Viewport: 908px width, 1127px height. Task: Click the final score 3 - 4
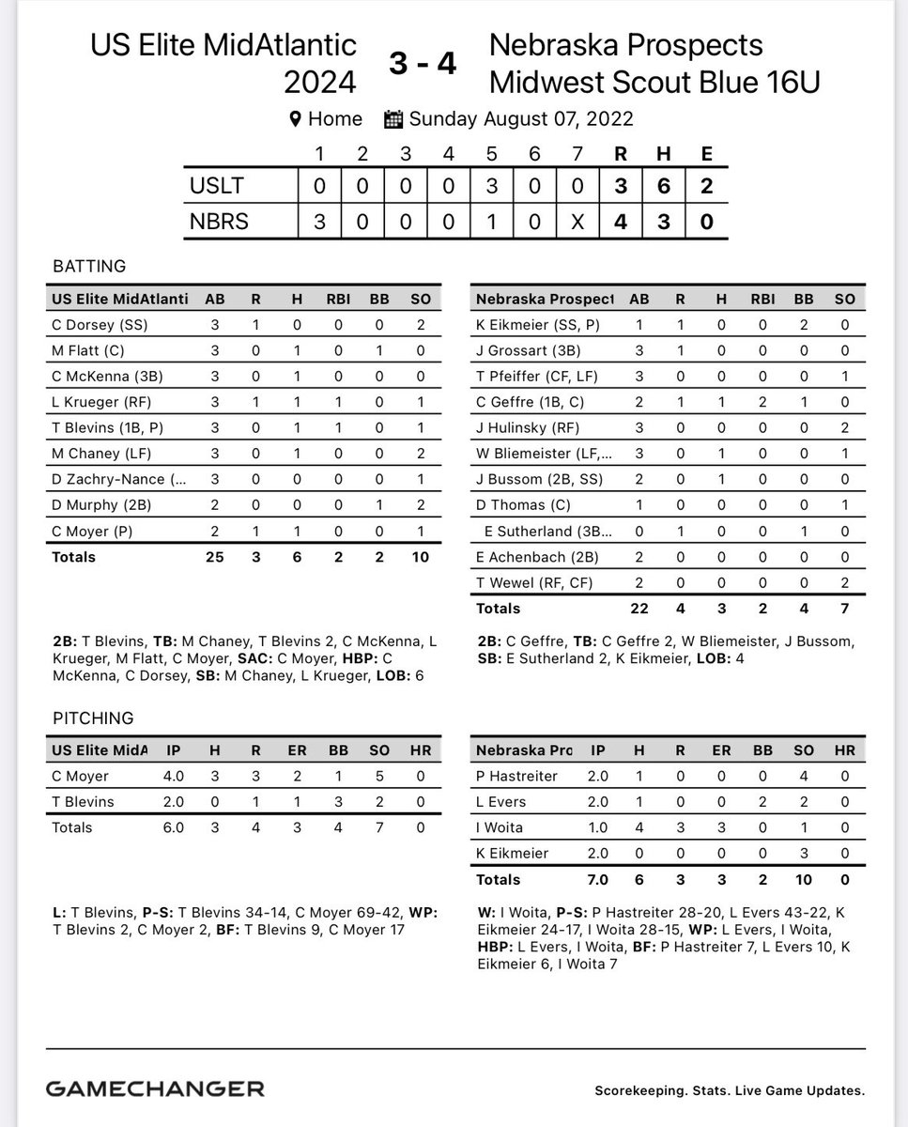pyautogui.click(x=423, y=65)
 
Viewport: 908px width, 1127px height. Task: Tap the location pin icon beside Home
pyautogui.click(x=295, y=119)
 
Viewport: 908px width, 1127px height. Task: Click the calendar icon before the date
pyautogui.click(x=393, y=119)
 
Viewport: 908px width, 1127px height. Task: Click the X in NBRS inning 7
pyautogui.click(x=577, y=222)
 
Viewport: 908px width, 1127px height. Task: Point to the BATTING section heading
pyautogui.click(x=89, y=267)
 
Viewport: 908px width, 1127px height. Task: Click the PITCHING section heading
pyautogui.click(x=93, y=718)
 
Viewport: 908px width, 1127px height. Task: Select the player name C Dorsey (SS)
pyautogui.click(x=100, y=325)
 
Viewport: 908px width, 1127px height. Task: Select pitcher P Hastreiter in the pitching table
pyautogui.click(x=516, y=777)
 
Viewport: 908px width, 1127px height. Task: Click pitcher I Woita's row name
pyautogui.click(x=500, y=827)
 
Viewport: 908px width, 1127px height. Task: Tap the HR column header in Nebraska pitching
pyautogui.click(x=844, y=750)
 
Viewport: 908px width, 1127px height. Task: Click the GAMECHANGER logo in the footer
pyautogui.click(x=155, y=1089)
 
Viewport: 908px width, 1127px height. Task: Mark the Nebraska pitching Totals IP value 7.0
pyautogui.click(x=597, y=880)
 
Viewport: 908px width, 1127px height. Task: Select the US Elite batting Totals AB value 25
pyautogui.click(x=215, y=557)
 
